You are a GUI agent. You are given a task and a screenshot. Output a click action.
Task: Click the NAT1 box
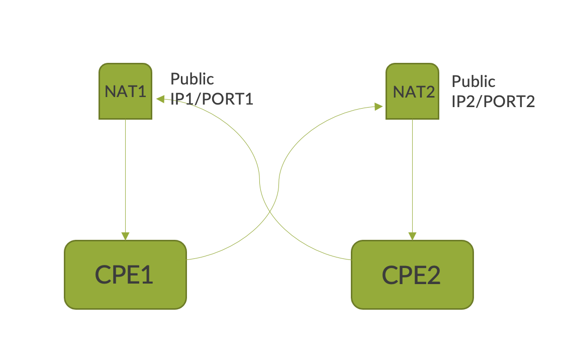pyautogui.click(x=125, y=91)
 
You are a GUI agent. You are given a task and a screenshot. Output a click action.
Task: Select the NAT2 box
pyautogui.click(x=412, y=91)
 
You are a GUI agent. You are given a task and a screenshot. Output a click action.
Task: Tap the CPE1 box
pyautogui.click(x=125, y=275)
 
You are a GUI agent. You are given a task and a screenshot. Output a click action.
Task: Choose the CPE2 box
pyautogui.click(x=412, y=275)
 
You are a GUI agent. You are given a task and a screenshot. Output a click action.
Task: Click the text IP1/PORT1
pyautogui.click(x=212, y=99)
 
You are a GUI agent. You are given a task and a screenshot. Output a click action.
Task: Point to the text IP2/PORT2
pyautogui.click(x=493, y=102)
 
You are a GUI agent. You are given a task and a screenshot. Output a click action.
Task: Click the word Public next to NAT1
pyautogui.click(x=192, y=79)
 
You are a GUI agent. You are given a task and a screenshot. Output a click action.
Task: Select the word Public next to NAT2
pyautogui.click(x=473, y=81)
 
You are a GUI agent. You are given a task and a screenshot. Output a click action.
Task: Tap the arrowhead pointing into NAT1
pyautogui.click(x=160, y=99)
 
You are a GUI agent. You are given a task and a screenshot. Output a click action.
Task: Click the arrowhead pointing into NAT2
pyautogui.click(x=378, y=106)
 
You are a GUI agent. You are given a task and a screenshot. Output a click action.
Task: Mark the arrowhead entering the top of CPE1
pyautogui.click(x=125, y=236)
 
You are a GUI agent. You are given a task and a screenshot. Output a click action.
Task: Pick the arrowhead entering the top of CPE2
pyautogui.click(x=412, y=236)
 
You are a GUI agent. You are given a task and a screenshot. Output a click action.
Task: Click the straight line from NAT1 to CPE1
pyautogui.click(x=125, y=176)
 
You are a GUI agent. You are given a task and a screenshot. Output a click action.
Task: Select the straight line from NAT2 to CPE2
pyautogui.click(x=412, y=176)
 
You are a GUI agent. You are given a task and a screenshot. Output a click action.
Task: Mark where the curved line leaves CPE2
pyautogui.click(x=350, y=259)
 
